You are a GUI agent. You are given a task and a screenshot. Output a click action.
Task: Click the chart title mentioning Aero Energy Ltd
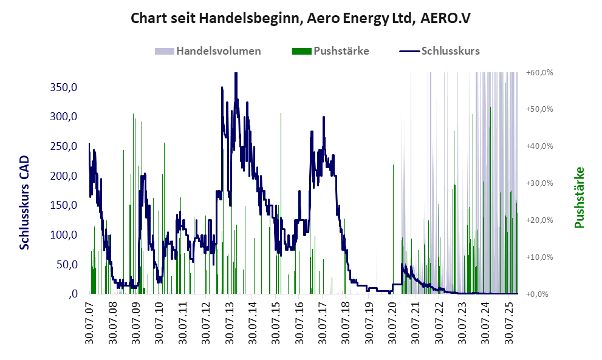coord(301,18)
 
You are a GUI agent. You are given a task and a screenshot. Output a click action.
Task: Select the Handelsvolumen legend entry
coord(218,51)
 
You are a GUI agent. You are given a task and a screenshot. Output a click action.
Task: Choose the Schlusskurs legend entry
coord(450,51)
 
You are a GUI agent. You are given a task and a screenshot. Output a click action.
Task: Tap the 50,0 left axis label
coord(67,265)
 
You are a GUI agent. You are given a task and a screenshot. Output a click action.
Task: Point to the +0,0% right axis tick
coord(541,294)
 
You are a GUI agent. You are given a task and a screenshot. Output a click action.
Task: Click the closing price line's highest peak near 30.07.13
coord(236,74)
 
